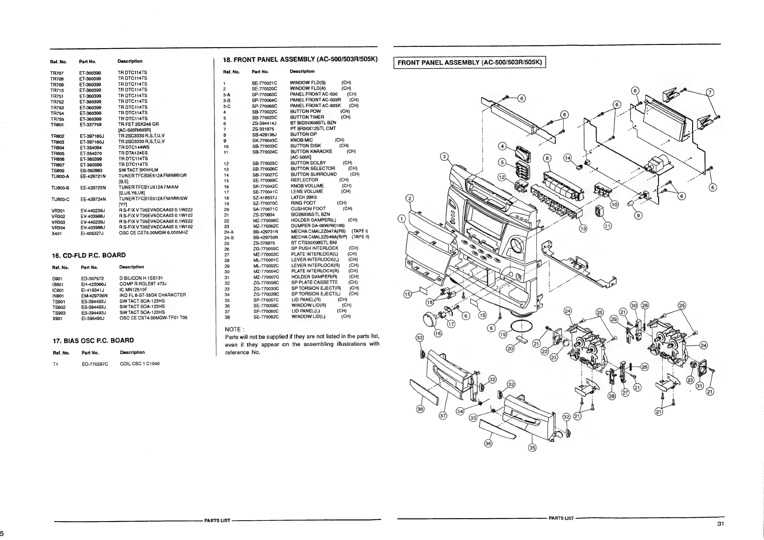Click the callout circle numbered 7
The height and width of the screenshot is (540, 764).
(710, 92)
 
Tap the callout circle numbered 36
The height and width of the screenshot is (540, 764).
(488, 443)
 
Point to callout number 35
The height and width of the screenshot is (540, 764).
(532, 448)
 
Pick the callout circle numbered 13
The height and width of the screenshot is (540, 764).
(583, 228)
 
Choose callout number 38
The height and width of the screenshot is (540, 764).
(420, 409)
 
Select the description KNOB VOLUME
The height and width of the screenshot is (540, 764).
(307, 186)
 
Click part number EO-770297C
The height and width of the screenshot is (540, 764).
(95, 364)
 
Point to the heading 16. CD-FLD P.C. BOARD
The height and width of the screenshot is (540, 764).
(89, 255)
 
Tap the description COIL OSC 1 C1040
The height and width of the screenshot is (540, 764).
(140, 364)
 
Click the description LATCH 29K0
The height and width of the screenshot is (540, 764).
(304, 197)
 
